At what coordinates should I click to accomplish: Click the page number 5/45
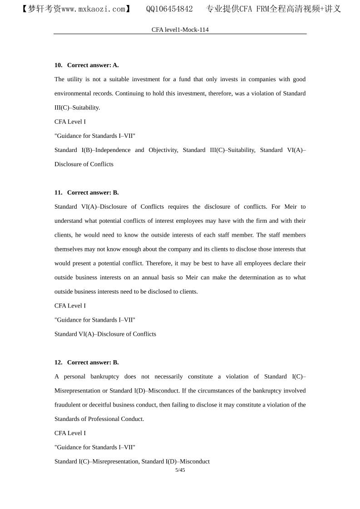180,470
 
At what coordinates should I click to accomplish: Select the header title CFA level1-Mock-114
180,29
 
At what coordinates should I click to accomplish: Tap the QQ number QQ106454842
169,9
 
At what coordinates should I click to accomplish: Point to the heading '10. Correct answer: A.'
87,65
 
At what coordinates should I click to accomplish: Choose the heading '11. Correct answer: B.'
87,192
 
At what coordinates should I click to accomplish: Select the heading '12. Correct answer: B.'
87,362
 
